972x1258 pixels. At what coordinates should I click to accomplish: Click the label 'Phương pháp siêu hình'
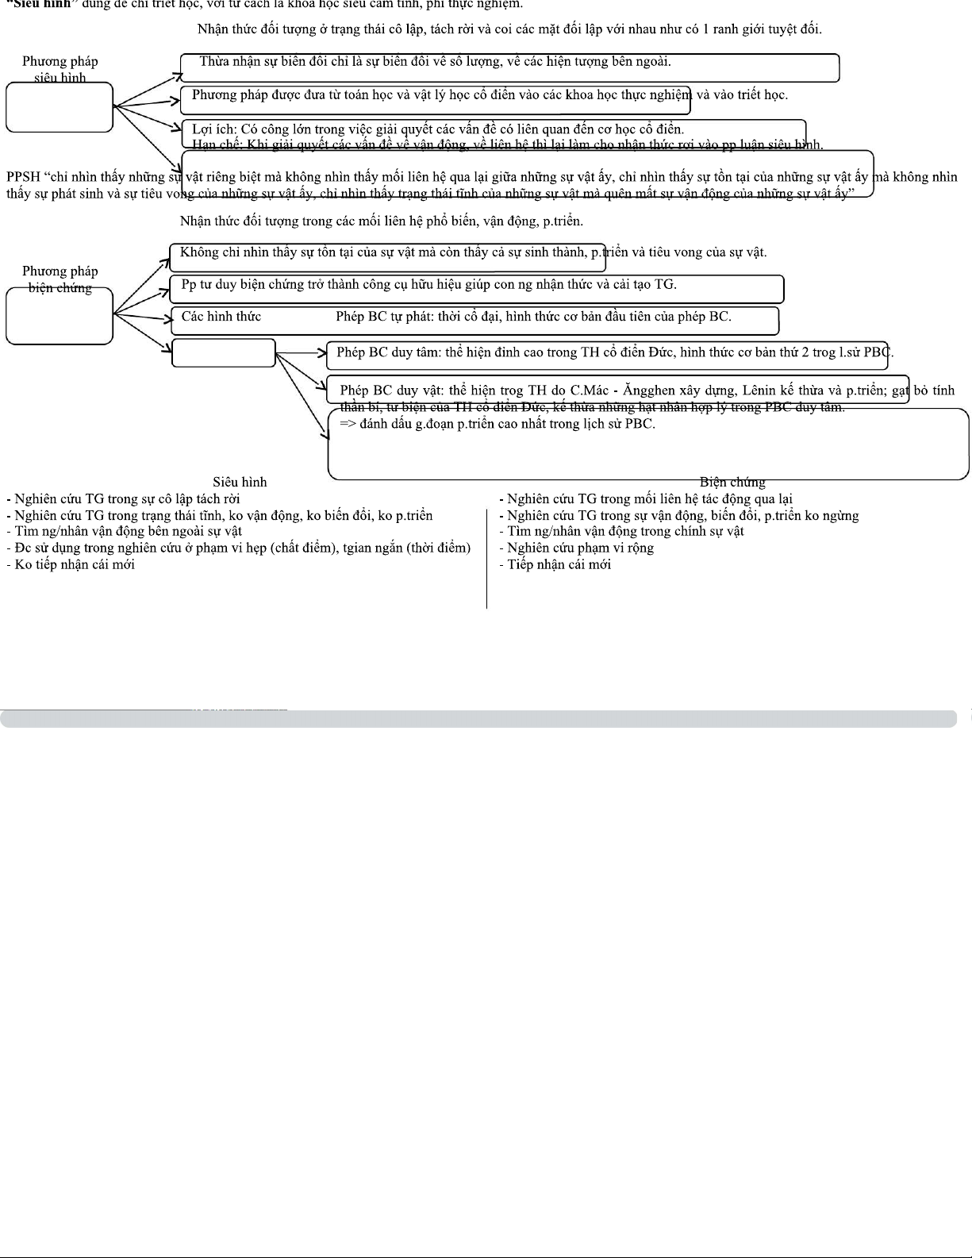pos(60,69)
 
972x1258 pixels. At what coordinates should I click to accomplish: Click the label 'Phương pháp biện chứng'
pos(60,279)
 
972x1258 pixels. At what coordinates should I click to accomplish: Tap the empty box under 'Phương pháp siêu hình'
pos(60,107)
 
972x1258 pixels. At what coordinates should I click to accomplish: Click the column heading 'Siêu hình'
pos(240,482)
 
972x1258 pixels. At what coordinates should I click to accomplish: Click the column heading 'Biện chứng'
pos(732,482)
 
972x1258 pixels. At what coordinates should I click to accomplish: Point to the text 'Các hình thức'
pos(221,317)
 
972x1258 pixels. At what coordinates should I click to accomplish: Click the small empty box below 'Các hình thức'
pos(224,353)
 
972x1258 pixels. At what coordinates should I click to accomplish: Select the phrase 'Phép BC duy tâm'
pos(386,352)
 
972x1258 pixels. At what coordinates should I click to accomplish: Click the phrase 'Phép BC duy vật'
pos(389,390)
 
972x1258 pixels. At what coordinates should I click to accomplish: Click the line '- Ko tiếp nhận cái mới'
pos(71,564)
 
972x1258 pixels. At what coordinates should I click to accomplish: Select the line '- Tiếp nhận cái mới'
pos(555,564)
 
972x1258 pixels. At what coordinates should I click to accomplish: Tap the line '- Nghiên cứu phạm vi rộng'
pos(576,548)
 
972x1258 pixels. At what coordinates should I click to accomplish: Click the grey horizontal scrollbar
pos(478,718)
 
